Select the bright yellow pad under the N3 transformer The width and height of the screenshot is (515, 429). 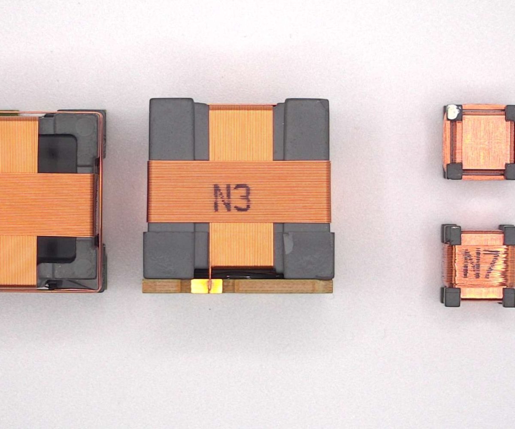point(206,286)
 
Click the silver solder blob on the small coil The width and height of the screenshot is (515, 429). point(452,112)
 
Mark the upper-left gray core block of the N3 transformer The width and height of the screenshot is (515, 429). point(172,129)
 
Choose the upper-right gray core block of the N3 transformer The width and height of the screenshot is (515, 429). point(306,129)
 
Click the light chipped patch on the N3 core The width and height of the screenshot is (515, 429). point(288,243)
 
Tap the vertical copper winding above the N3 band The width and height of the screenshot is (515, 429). point(241,133)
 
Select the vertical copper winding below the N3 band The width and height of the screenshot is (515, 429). point(241,245)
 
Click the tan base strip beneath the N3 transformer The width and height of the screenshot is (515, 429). point(275,287)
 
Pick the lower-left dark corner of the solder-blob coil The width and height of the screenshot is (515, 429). point(454,171)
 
